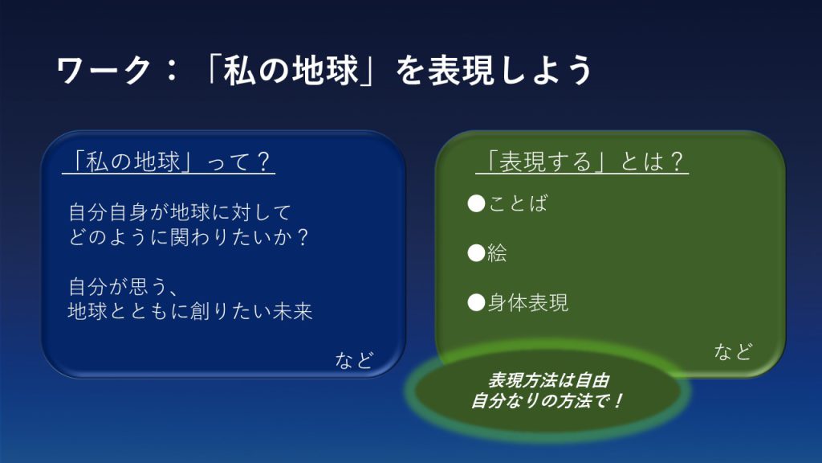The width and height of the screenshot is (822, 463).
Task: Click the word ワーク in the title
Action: pyautogui.click(x=104, y=71)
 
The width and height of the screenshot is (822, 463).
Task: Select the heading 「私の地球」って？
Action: pyautogui.click(x=169, y=161)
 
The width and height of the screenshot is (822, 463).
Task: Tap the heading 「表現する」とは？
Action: pyautogui.click(x=582, y=161)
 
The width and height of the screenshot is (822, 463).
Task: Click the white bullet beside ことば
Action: pyautogui.click(x=476, y=203)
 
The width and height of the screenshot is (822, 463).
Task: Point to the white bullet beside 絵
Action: pyautogui.click(x=476, y=253)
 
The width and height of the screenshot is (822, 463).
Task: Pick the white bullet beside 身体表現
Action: pyautogui.click(x=476, y=302)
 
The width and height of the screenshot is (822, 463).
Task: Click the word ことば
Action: pyautogui.click(x=518, y=203)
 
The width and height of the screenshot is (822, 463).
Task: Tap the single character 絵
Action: pyautogui.click(x=498, y=253)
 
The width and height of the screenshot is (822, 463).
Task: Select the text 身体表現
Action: pyautogui.click(x=528, y=302)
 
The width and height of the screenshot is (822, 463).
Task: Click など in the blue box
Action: pyautogui.click(x=354, y=360)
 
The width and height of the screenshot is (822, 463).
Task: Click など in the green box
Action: pyautogui.click(x=734, y=351)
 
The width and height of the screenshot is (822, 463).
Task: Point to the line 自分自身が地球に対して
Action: pyautogui.click(x=180, y=212)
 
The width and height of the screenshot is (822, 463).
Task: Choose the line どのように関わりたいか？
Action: pyautogui.click(x=189, y=237)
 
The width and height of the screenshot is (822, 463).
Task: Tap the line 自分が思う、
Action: pyautogui.click(x=124, y=287)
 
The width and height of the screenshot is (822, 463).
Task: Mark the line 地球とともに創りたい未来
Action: pyautogui.click(x=190, y=311)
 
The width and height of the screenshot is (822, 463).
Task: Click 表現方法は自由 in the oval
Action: pyautogui.click(x=548, y=380)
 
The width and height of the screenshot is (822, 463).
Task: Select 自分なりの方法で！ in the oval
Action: pyautogui.click(x=546, y=401)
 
